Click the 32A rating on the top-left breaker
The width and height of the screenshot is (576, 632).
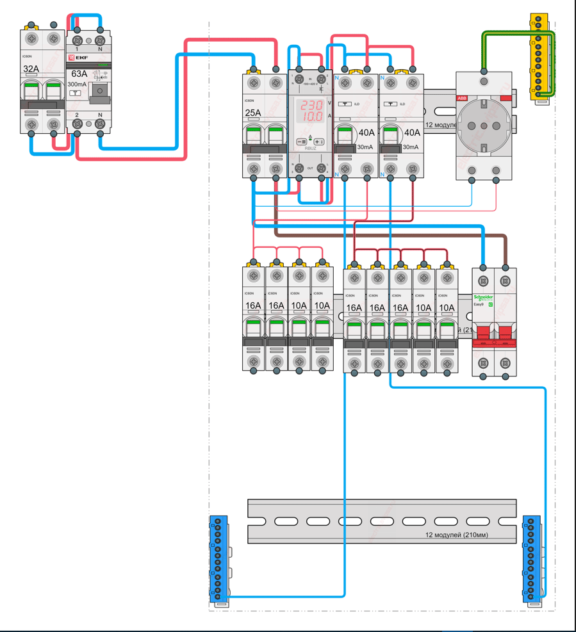(31, 69)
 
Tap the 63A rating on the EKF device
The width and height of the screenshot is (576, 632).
(79, 74)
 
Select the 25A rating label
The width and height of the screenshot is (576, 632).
(253, 113)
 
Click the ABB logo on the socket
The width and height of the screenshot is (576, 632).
(462, 98)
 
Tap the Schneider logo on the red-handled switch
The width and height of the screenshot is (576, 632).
(484, 298)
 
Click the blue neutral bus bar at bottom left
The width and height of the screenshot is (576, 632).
(219, 561)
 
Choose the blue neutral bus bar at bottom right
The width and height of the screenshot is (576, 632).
(532, 561)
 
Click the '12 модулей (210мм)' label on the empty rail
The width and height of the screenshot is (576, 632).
(456, 535)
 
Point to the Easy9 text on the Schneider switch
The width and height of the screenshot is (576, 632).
(479, 305)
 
